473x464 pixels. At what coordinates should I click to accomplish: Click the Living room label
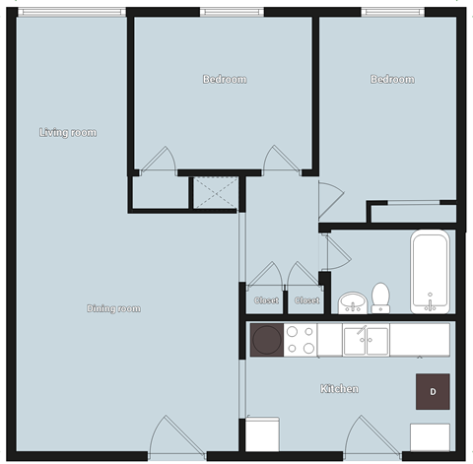68,132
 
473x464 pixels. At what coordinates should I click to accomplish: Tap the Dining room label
114,308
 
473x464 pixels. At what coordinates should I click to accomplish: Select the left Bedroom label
225,79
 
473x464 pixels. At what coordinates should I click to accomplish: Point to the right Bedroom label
391,79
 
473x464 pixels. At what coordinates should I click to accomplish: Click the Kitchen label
340,388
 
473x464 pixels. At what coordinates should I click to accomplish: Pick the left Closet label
266,300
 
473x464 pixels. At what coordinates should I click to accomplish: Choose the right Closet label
306,300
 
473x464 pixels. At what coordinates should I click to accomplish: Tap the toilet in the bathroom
381,297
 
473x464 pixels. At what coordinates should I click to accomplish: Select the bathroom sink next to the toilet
351,300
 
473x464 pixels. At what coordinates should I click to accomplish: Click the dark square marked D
433,390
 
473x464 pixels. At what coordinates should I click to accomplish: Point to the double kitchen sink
366,341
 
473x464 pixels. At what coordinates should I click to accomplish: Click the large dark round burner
266,341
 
